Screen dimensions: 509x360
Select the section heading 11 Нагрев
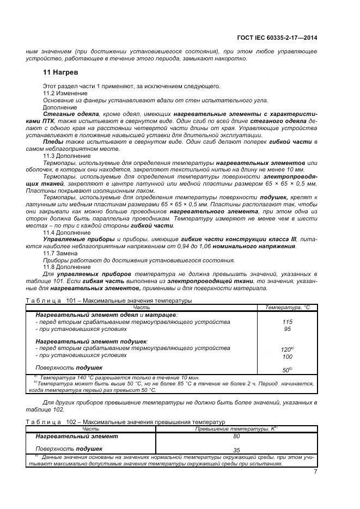(x=60, y=72)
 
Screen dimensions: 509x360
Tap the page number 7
(x=315, y=471)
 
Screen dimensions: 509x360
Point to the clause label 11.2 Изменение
(x=65, y=93)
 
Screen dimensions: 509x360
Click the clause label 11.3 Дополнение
(x=67, y=156)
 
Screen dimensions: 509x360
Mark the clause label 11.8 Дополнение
(x=67, y=267)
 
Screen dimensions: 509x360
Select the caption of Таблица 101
(x=109, y=300)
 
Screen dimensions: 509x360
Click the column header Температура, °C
(x=286, y=308)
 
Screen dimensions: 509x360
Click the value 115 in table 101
(x=287, y=322)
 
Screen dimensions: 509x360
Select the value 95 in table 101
(x=287, y=329)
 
